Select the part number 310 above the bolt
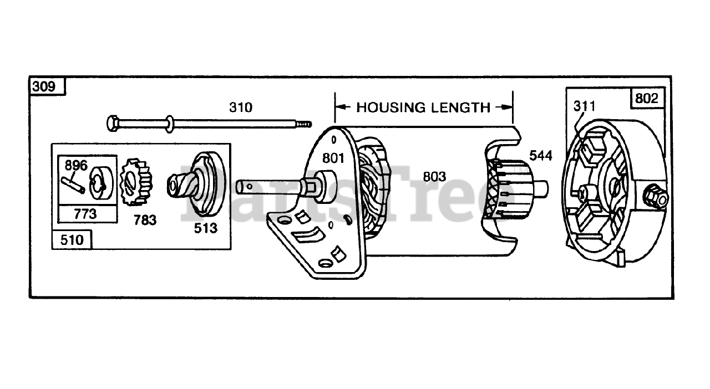240,107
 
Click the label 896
77,165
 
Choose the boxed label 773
85,213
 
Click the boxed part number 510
72,240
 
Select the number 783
144,220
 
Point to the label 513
206,227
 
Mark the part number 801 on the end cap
333,158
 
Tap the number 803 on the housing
434,177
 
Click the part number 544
541,156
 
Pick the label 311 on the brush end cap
584,106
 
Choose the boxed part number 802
647,98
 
